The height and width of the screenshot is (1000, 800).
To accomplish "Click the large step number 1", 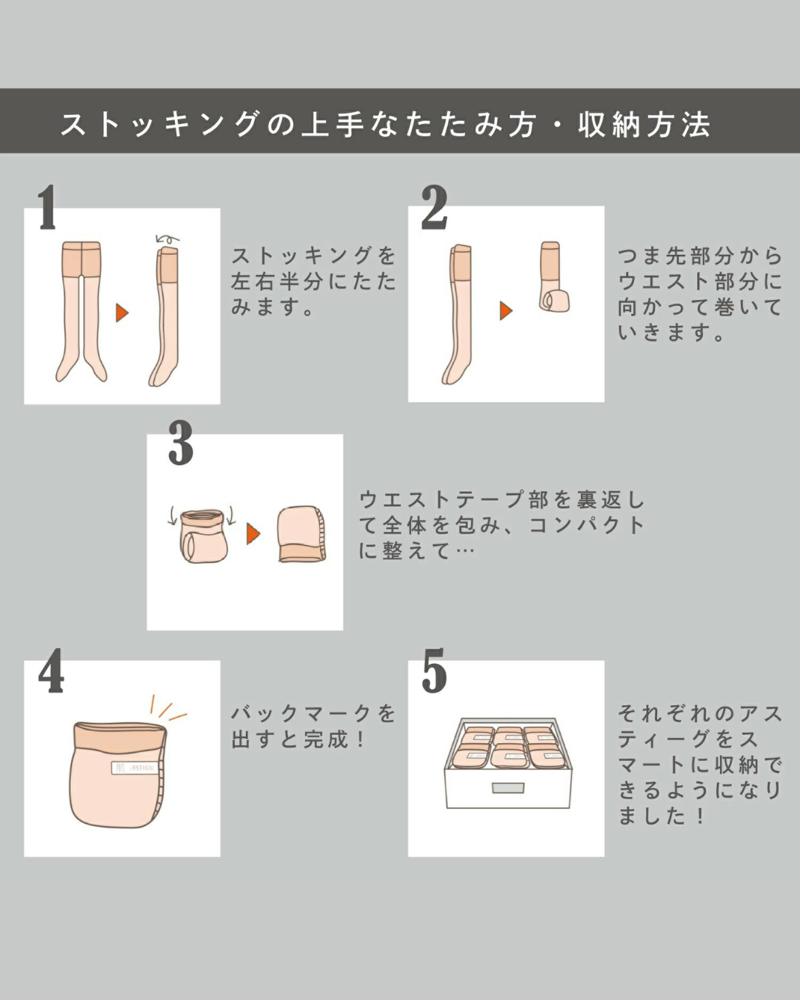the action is click(x=47, y=207).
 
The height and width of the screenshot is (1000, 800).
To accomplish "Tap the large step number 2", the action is click(x=434, y=207).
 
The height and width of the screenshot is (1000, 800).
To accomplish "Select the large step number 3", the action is click(x=180, y=443).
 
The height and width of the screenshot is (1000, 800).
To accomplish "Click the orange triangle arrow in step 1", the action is click(x=121, y=313).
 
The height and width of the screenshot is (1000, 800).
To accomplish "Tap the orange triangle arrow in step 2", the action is click(x=506, y=310).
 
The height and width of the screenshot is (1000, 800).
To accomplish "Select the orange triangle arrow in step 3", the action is click(x=253, y=533).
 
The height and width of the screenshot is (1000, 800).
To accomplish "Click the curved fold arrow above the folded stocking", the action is click(x=167, y=239).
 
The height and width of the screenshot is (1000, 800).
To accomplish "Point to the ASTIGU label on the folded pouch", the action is click(x=134, y=767).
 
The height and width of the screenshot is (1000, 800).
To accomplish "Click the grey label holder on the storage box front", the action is click(x=508, y=787).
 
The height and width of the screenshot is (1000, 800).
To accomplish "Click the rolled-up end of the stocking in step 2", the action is click(x=555, y=301).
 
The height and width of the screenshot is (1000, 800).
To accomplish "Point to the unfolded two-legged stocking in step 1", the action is click(x=81, y=311).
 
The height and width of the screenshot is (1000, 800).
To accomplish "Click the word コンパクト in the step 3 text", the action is click(x=586, y=525).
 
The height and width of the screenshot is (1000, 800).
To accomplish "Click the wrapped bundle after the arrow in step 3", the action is click(x=301, y=534).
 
